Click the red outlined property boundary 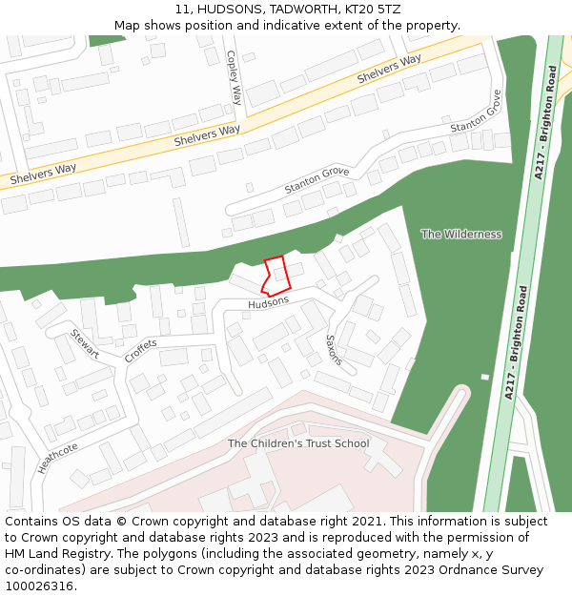click(x=276, y=275)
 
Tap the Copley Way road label click(x=235, y=77)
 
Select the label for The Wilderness click(x=461, y=234)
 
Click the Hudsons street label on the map click(x=268, y=302)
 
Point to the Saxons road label click(x=334, y=350)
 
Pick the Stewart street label click(x=84, y=344)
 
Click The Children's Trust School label click(x=298, y=443)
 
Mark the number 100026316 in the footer click(x=39, y=586)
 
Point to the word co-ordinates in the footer click(x=40, y=570)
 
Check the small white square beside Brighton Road click(x=484, y=377)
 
